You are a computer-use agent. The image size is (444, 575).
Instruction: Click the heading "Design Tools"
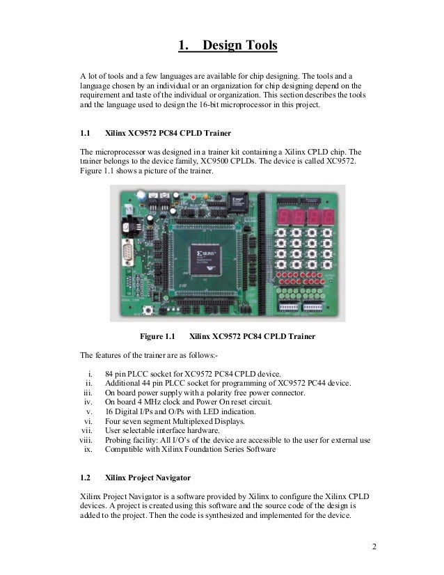pos(240,47)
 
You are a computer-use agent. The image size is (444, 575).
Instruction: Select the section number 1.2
pos(86,478)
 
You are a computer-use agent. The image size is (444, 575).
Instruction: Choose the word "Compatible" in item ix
pos(127,449)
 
